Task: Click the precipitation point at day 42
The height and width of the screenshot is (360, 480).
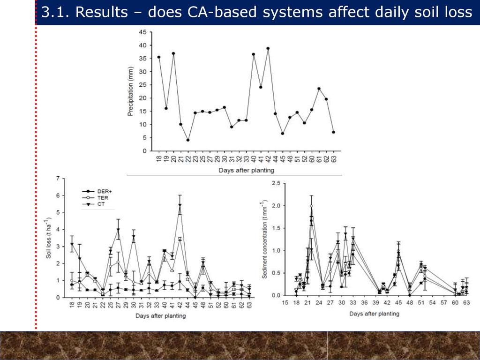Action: click(268, 48)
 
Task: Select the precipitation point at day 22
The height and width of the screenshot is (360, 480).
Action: click(188, 140)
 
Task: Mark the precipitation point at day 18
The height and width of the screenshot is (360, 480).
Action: click(159, 57)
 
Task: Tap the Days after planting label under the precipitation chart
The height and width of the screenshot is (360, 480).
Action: click(246, 170)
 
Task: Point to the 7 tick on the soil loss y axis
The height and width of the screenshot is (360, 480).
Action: click(58, 179)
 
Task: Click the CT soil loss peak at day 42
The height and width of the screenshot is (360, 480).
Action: click(180, 205)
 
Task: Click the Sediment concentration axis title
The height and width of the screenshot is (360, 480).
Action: click(265, 240)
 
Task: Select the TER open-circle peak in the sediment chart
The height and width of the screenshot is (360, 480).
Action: click(311, 206)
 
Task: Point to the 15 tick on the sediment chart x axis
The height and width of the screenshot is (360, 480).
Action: click(285, 303)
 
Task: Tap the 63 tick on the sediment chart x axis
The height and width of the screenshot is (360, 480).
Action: click(466, 303)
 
